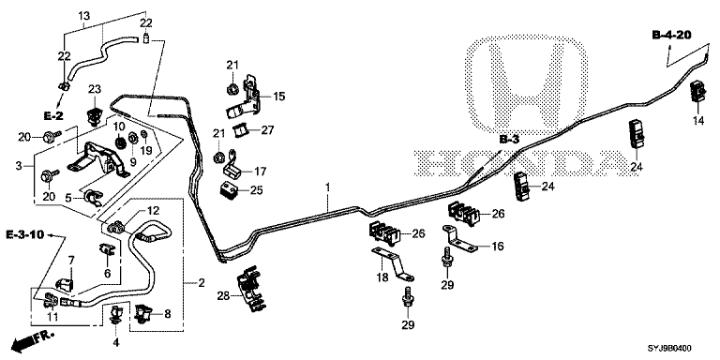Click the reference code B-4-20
point(671,36)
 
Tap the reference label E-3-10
point(25,235)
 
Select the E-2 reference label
point(53,116)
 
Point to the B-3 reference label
point(509,140)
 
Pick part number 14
point(698,121)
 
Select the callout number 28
point(224,296)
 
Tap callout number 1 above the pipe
point(328,187)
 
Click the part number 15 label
point(278,97)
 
